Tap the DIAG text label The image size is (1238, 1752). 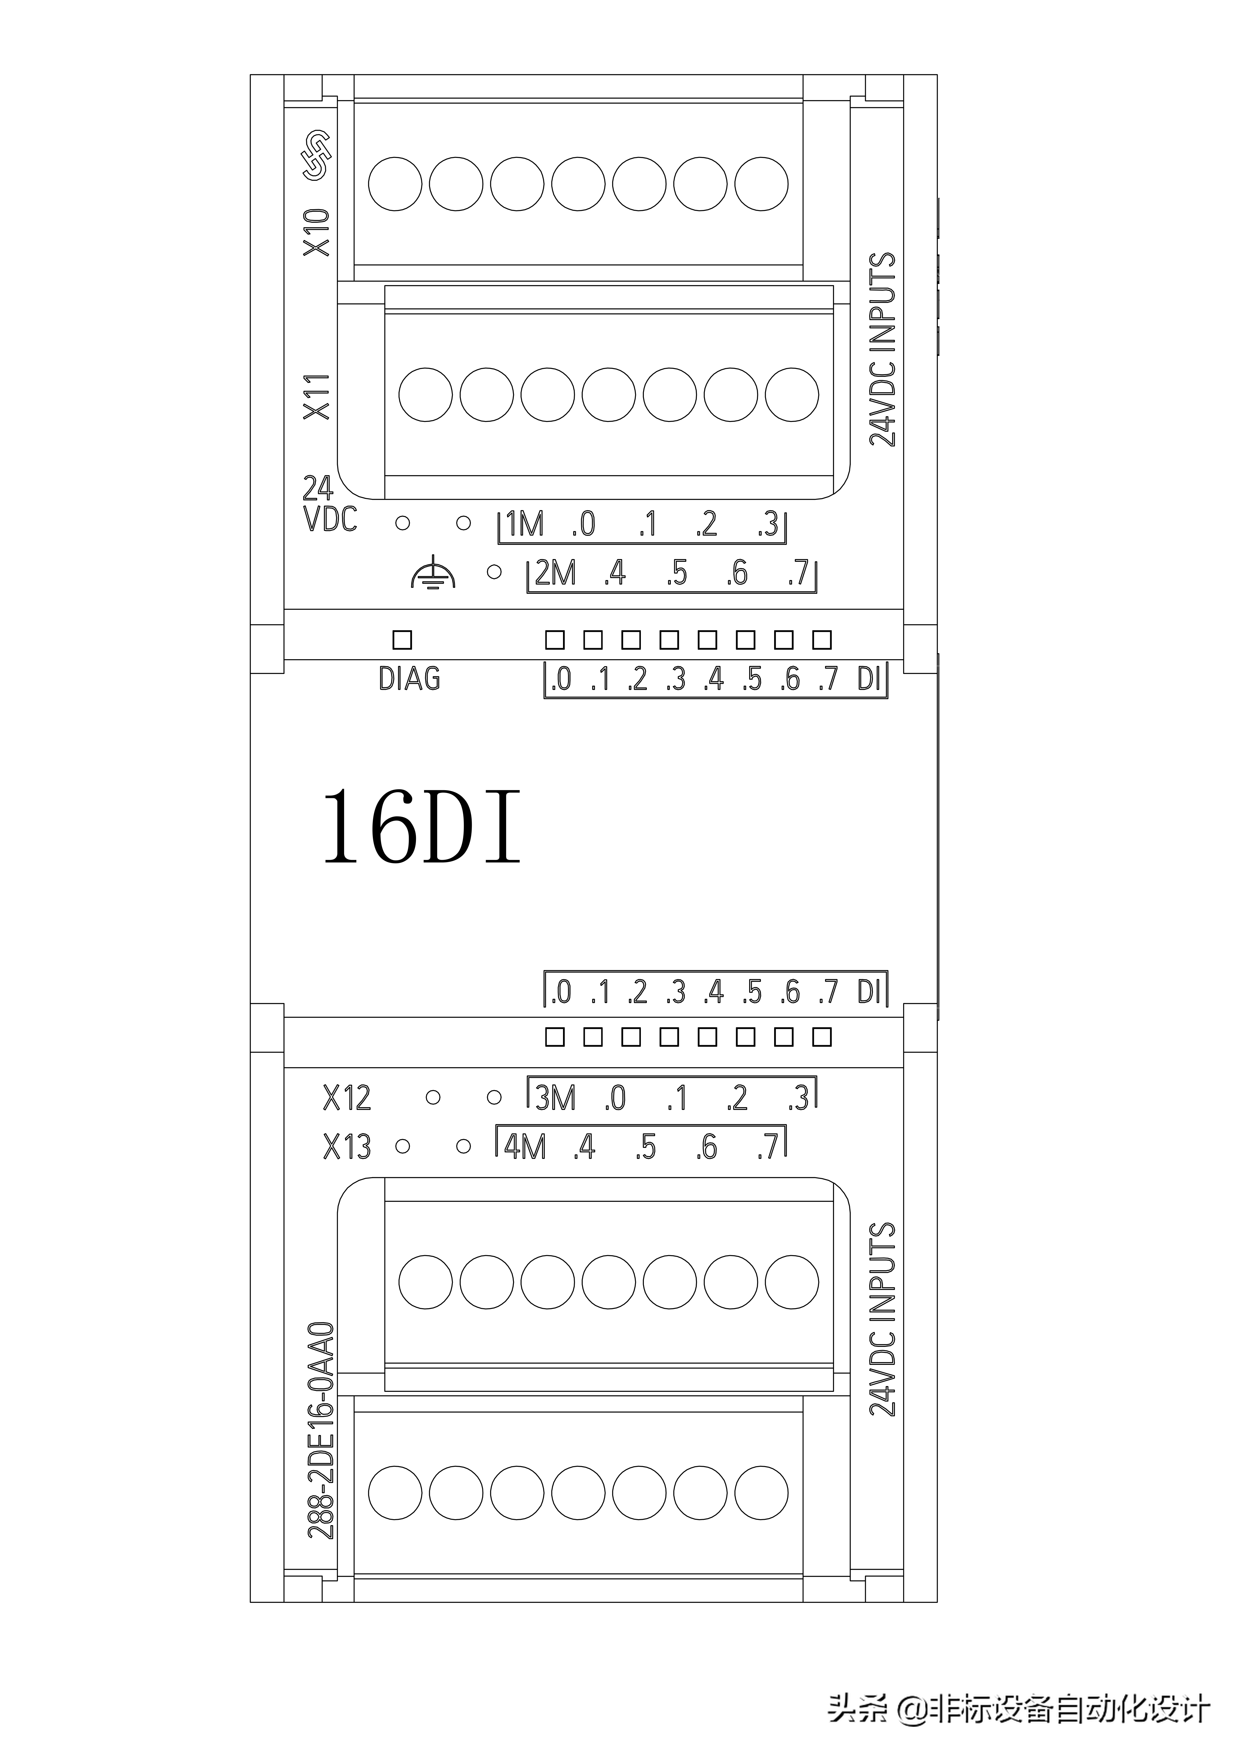pos(410,678)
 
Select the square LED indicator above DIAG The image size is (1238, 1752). pos(402,639)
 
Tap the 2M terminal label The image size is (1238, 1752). pos(555,573)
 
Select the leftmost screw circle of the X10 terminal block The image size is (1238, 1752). pos(395,184)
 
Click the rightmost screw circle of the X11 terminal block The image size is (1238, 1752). pos(792,395)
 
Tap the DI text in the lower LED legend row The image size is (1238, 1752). pos(869,992)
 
